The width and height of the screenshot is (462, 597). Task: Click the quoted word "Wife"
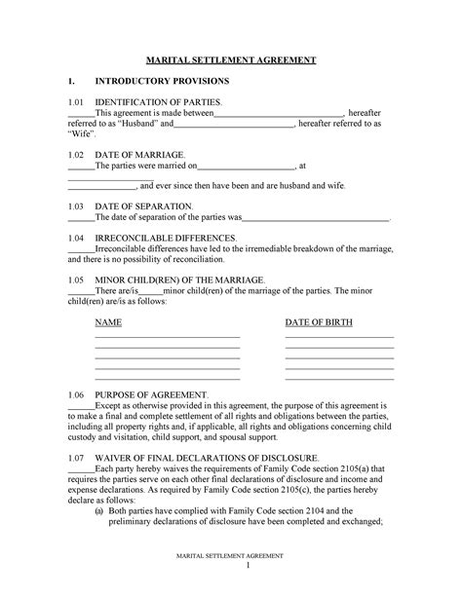pyautogui.click(x=79, y=135)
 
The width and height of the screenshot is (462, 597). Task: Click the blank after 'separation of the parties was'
pyautogui.click(x=316, y=220)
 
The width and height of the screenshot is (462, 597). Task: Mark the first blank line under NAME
pyautogui.click(x=167, y=336)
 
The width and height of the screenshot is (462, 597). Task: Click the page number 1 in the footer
pyautogui.click(x=249, y=566)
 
